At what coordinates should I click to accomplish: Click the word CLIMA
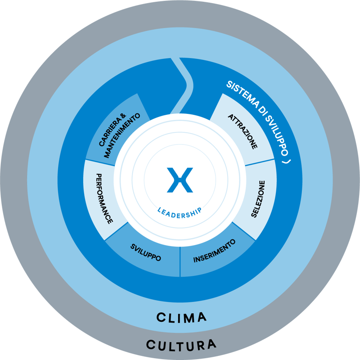point(181,317)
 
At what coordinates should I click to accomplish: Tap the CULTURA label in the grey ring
point(181,345)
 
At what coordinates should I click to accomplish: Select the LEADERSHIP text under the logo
point(180,211)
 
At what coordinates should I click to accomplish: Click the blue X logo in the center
point(180,180)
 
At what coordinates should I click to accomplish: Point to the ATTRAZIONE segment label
point(243,131)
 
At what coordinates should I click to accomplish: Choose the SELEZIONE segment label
point(258,199)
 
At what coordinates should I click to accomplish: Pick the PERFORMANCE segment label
point(103,198)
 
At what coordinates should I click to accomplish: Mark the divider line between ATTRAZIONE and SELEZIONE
point(260,162)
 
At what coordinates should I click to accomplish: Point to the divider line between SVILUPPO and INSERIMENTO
point(180,261)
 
